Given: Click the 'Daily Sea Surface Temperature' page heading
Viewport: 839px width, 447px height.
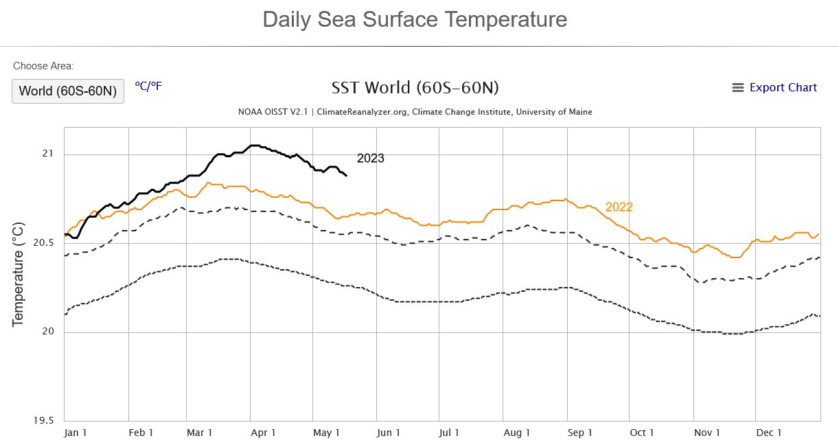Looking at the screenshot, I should point(415,19).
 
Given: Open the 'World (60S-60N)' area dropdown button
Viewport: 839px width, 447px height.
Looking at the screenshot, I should point(67,91).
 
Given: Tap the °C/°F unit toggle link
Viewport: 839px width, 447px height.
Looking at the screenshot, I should point(148,86).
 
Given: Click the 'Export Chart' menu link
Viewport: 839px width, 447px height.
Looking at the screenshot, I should point(774,87).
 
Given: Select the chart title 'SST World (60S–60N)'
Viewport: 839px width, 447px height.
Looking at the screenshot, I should point(415,88).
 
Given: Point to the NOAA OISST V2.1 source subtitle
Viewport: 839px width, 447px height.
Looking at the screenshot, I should point(415,112).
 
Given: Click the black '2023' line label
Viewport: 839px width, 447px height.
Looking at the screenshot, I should point(370,159).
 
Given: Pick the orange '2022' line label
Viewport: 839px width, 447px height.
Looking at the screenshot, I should point(619,207).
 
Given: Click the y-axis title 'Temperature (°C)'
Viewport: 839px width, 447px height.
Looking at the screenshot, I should point(19,273).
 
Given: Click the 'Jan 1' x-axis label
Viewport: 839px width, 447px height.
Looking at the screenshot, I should point(75,433).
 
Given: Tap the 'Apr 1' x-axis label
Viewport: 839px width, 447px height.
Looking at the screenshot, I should point(263,433).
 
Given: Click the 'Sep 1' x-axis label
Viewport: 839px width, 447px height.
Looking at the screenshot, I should point(579,433).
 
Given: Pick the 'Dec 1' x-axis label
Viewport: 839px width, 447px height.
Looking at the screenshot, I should point(769,433).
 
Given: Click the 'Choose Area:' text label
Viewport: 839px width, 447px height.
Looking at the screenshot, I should point(43,66).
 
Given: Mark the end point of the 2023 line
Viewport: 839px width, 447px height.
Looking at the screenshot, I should point(347,176).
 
